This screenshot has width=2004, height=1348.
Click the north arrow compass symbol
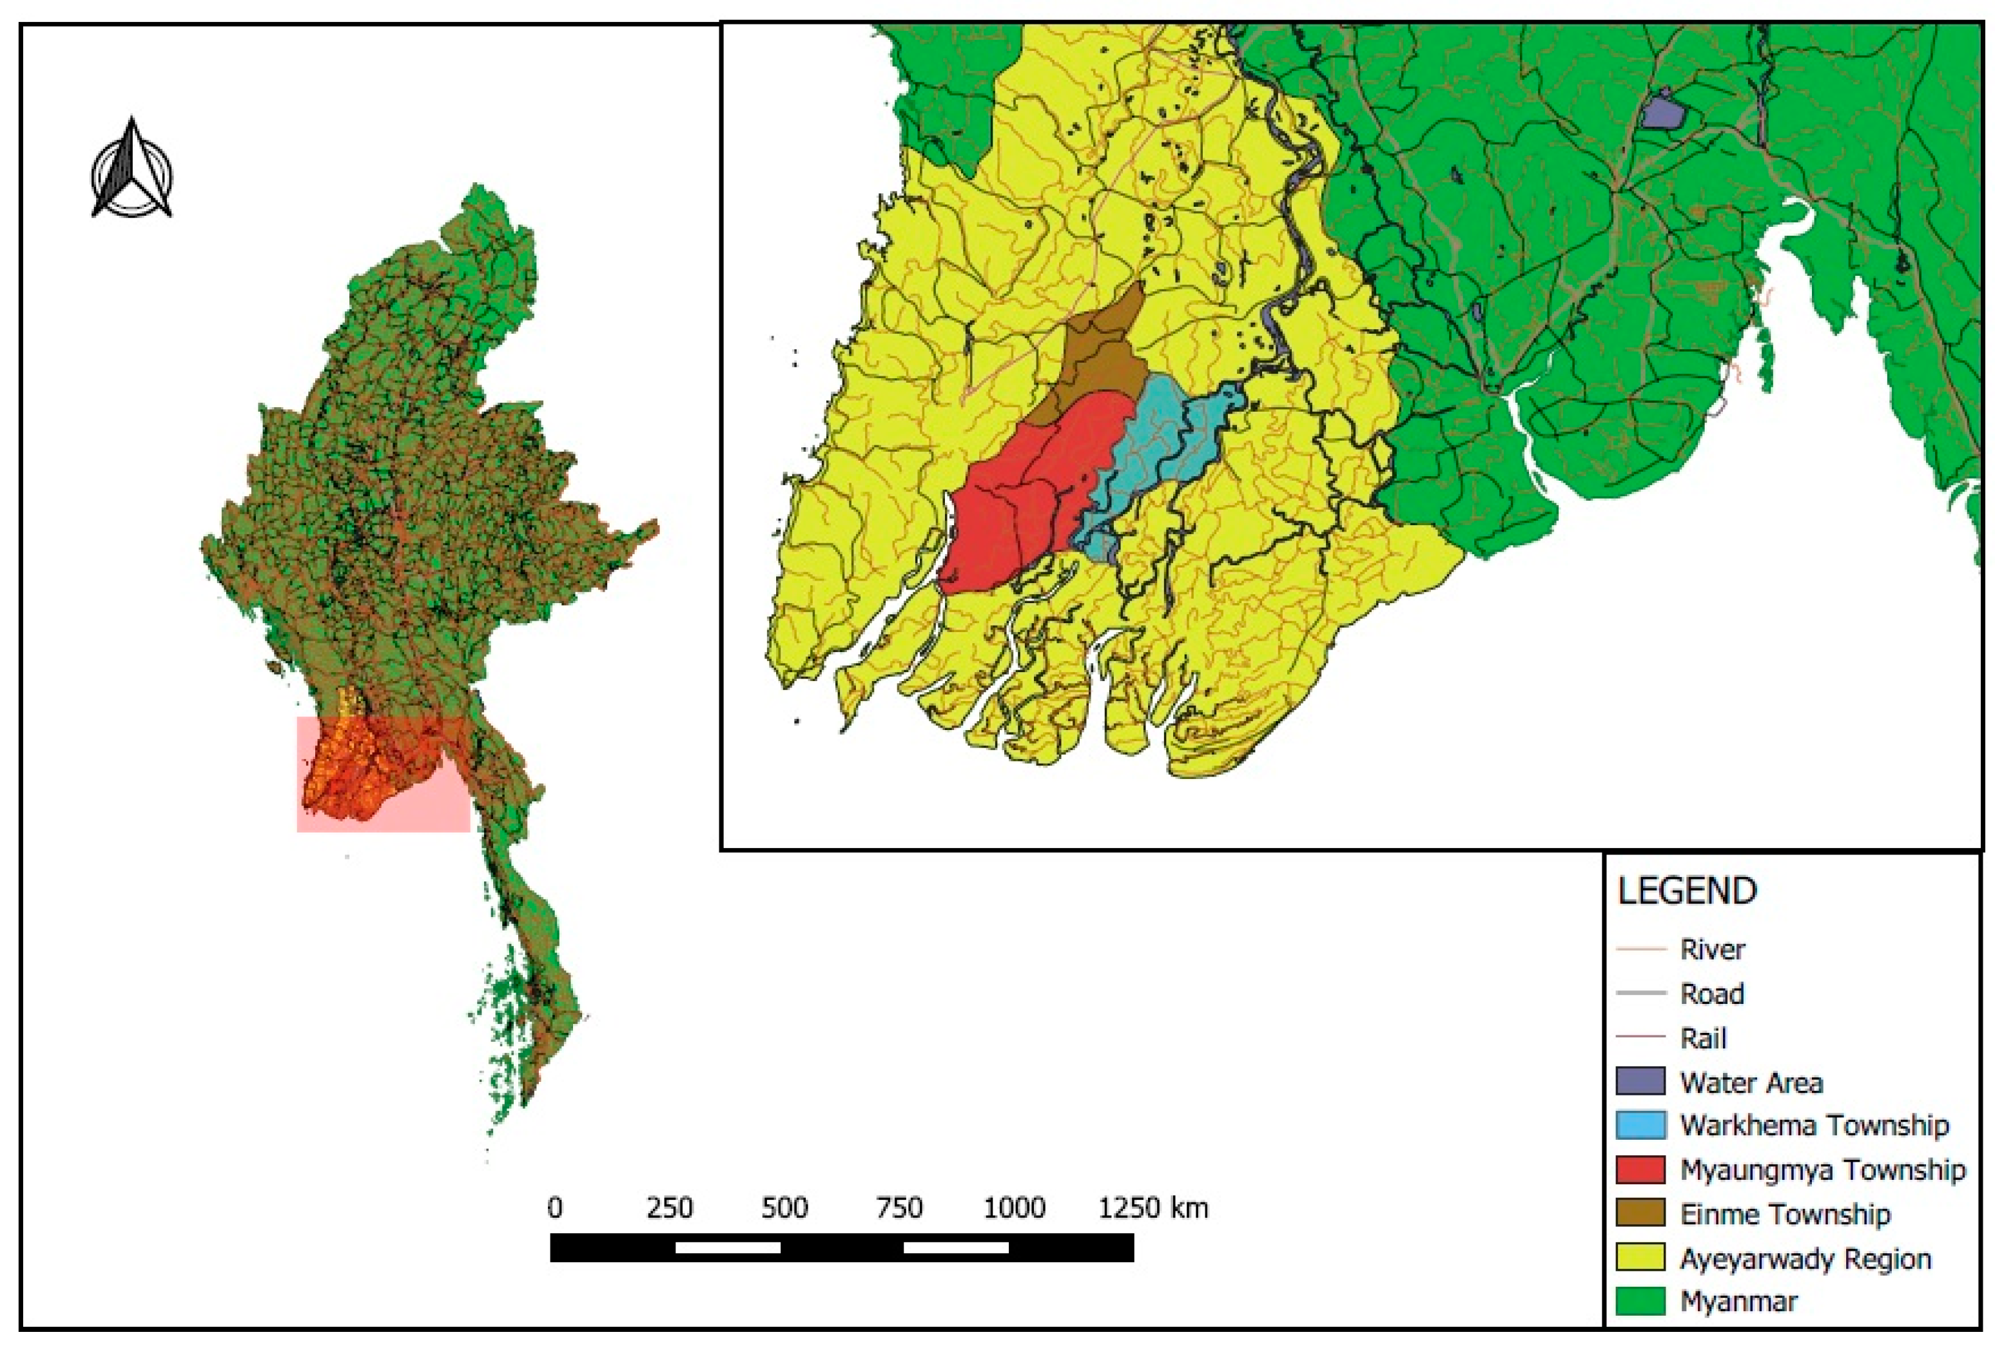click(131, 169)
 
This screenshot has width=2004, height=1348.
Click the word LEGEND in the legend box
click(1687, 892)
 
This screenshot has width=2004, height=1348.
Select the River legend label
click(1713, 949)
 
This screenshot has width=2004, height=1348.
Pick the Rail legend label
click(1703, 1039)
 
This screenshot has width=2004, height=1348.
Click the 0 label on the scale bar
click(556, 1208)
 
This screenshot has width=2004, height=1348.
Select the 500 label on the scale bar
click(784, 1208)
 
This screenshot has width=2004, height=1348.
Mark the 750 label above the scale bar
click(899, 1208)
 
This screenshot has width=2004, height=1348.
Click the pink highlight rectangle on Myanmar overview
click(384, 774)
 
